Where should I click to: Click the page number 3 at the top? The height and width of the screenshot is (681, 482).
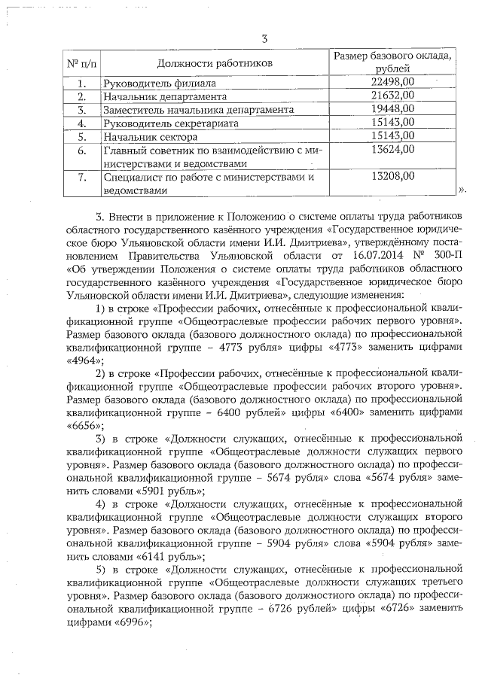tap(264, 39)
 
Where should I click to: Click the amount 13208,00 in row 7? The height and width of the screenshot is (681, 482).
tap(393, 177)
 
